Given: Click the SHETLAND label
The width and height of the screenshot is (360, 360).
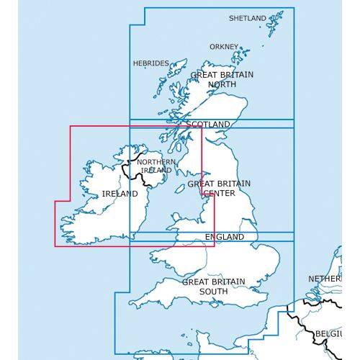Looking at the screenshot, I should tap(247, 18).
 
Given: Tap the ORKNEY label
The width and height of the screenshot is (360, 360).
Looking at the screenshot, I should tap(223, 47).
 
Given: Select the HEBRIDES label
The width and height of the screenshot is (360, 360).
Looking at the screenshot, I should tap(150, 63).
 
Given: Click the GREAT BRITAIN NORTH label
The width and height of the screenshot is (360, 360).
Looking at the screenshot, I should tap(212, 79).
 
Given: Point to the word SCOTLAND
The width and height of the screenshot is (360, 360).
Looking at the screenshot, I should tap(207, 125).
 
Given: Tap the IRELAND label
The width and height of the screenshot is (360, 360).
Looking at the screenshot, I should tap(120, 194).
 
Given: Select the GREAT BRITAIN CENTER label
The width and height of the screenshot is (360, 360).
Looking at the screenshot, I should tap(219, 188).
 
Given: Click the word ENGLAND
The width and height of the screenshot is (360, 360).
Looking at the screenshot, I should tap(225, 237).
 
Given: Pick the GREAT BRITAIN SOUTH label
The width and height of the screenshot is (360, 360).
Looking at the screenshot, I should tap(213, 287).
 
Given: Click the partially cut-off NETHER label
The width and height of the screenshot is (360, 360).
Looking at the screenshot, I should tap(325, 278).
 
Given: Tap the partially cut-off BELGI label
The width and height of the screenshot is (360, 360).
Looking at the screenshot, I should tap(328, 334).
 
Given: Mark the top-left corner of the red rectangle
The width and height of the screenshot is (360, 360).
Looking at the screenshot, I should tap(70, 127).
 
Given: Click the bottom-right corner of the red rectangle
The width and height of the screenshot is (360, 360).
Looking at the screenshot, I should tap(214, 246).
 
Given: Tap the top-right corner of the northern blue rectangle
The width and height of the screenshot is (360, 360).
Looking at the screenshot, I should tap(294, 8).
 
